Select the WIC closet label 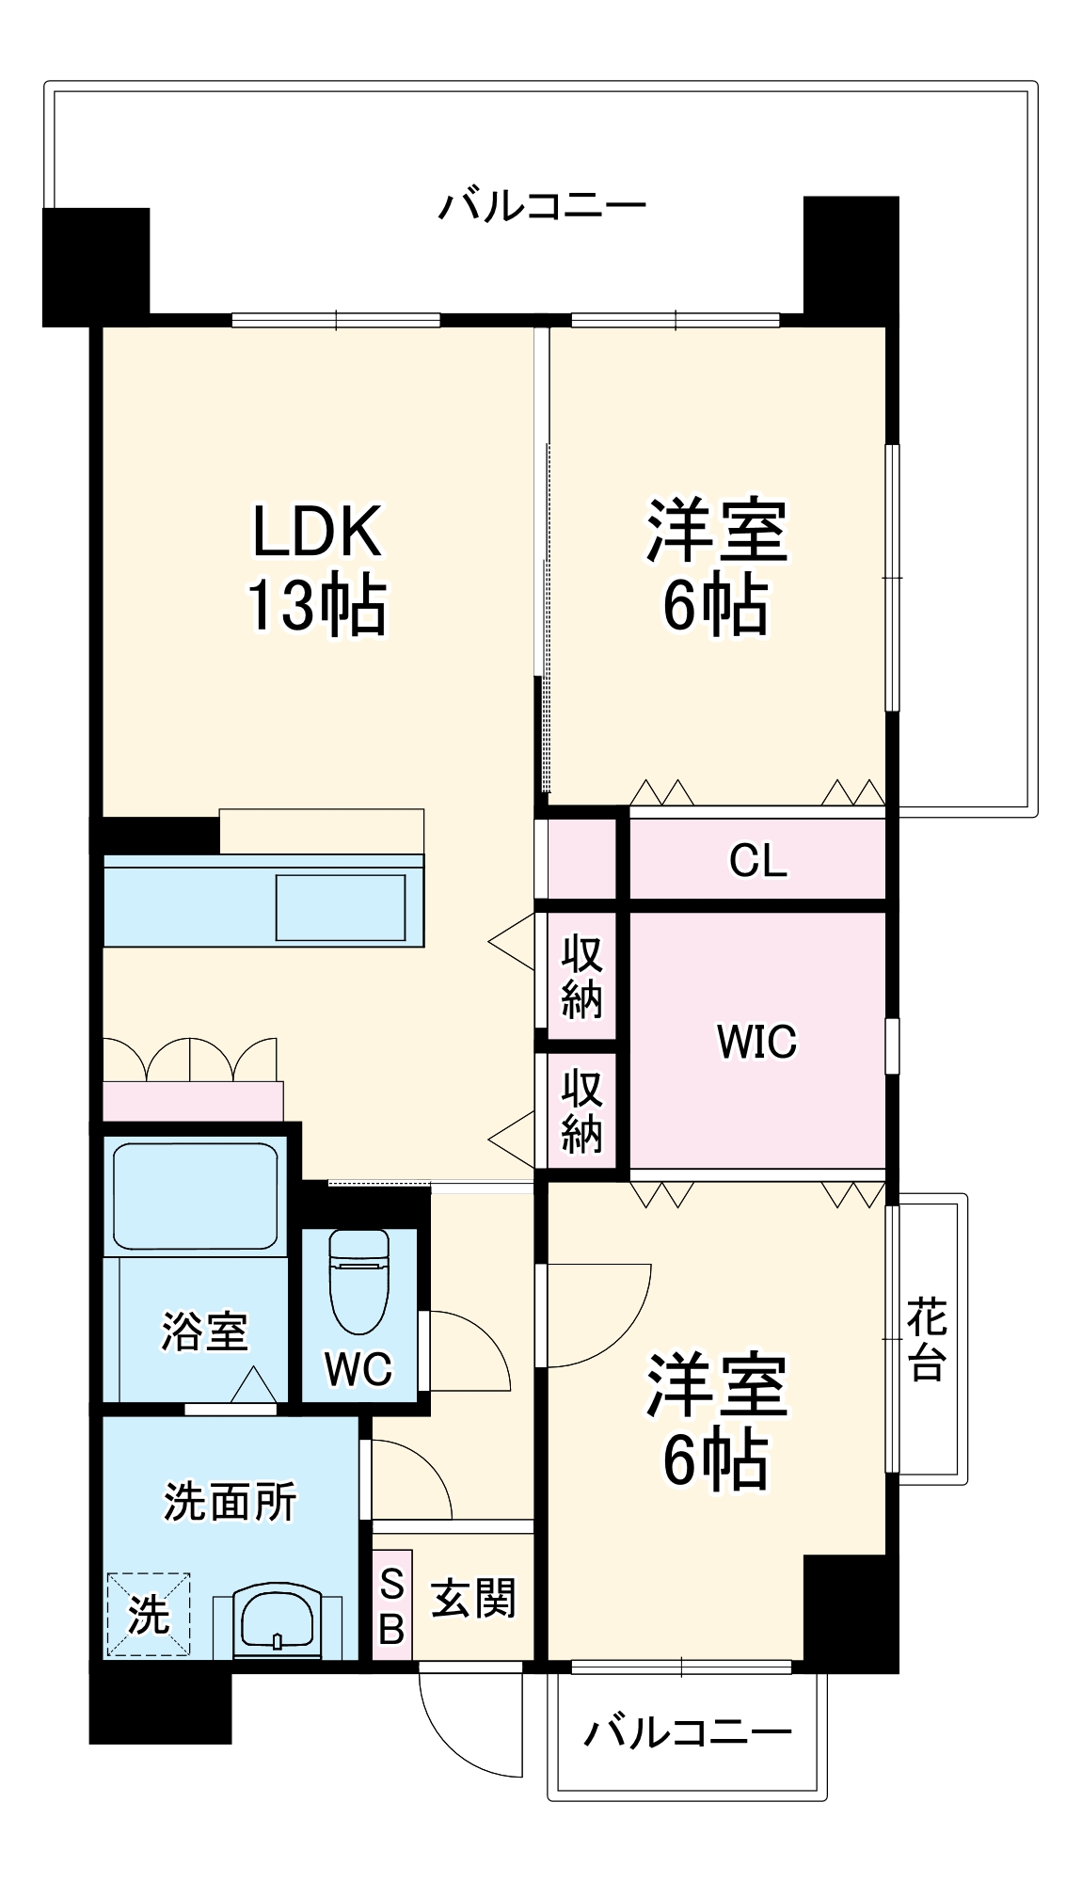click(x=756, y=1042)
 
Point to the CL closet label click(x=757, y=860)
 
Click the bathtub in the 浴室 click(x=196, y=1196)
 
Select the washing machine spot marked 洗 click(x=149, y=1616)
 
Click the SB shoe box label click(x=391, y=1606)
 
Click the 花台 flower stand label click(x=927, y=1339)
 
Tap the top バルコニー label click(x=543, y=205)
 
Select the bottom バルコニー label click(x=688, y=1732)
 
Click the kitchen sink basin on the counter click(x=341, y=908)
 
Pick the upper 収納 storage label click(x=581, y=977)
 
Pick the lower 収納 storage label click(x=581, y=1111)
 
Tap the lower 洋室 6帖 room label click(x=715, y=1421)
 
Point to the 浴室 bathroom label click(x=203, y=1332)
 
